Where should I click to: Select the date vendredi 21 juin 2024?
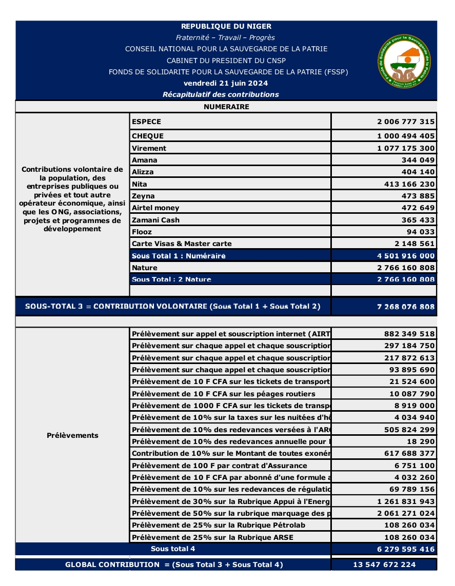pyautogui.click(x=226, y=83)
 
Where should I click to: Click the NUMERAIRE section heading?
pyautogui.click(x=226, y=107)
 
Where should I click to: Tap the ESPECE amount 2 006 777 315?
pyautogui.click(x=406, y=122)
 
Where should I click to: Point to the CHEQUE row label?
pyautogui.click(x=148, y=136)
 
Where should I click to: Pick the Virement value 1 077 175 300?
pyautogui.click(x=406, y=148)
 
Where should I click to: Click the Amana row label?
pyautogui.click(x=145, y=160)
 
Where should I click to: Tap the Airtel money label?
pyautogui.click(x=155, y=208)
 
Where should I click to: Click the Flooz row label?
pyautogui.click(x=142, y=232)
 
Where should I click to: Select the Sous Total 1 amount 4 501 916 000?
pyautogui.click(x=406, y=256)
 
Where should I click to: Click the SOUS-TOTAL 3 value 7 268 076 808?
pyautogui.click(x=406, y=307)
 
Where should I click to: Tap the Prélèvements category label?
pyautogui.click(x=72, y=435)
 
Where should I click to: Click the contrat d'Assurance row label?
pyautogui.click(x=220, y=466)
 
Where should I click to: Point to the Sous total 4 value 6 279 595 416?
pyautogui.click(x=406, y=549)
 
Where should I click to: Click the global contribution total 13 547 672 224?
pyautogui.click(x=384, y=564)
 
